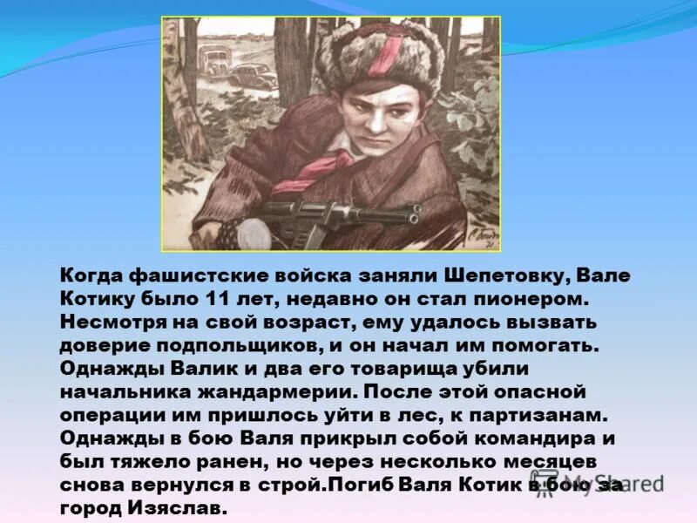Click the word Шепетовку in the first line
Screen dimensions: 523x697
(x=500, y=275)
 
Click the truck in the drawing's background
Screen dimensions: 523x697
(x=213, y=61)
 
